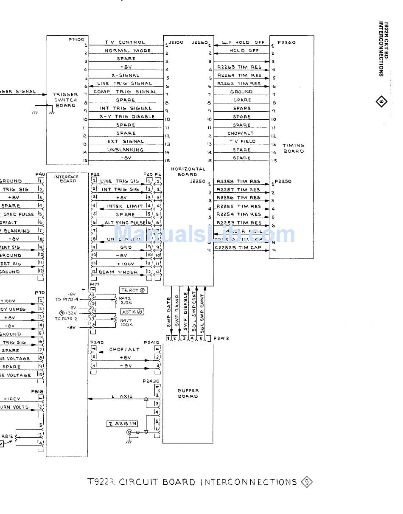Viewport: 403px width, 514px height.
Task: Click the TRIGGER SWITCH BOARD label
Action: pyautogui.click(x=65, y=100)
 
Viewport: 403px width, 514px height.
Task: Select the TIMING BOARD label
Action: pyautogui.click(x=294, y=148)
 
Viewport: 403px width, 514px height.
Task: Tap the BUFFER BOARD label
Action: pyautogui.click(x=188, y=393)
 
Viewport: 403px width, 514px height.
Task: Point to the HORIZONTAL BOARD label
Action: pyautogui.click(x=188, y=171)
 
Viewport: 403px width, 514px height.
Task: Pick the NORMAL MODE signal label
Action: pyautogui.click(x=128, y=51)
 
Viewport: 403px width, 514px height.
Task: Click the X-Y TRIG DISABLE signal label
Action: pyautogui.click(x=127, y=117)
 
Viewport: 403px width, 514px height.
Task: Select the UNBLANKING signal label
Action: pyautogui.click(x=126, y=150)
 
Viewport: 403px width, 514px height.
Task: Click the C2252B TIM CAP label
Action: pyautogui.click(x=238, y=247)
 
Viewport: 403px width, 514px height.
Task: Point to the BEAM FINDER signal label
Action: pyautogui.click(x=118, y=272)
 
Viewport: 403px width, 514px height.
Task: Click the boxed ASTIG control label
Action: pyautogui.click(x=132, y=312)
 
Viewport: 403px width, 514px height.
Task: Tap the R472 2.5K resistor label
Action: pyautogui.click(x=126, y=301)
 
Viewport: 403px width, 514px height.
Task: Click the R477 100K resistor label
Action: pyautogui.click(x=126, y=323)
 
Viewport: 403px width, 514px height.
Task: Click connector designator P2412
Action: pyautogui.click(x=221, y=338)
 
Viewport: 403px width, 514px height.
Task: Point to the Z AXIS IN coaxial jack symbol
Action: pyautogui.click(x=129, y=433)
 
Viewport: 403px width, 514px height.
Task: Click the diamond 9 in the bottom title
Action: pyautogui.click(x=307, y=482)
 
